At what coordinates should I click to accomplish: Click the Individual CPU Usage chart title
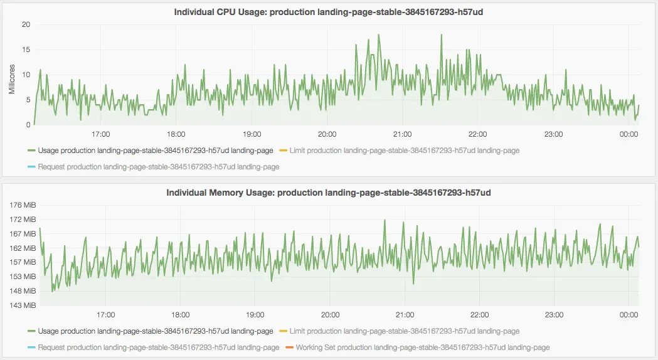tap(328, 11)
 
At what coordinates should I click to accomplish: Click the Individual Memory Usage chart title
tap(328, 192)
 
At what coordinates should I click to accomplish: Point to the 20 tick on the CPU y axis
tap(26, 25)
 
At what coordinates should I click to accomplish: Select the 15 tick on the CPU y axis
tap(26, 50)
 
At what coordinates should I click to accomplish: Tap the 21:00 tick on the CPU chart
tap(402, 134)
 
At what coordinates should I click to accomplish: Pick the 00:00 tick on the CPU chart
tap(629, 134)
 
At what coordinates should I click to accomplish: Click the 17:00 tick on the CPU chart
tap(101, 134)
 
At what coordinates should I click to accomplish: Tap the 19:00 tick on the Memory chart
tap(255, 315)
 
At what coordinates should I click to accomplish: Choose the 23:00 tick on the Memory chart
tap(554, 315)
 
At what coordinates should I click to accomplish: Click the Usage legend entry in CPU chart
tap(155, 151)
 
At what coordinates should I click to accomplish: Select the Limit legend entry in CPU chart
tap(404, 151)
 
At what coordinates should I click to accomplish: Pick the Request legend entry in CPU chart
tap(158, 167)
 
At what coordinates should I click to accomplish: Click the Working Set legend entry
tap(422, 347)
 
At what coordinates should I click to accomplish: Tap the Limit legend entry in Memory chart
tap(404, 331)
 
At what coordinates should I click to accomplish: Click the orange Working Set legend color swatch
tap(289, 347)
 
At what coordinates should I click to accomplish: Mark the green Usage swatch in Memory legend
tap(31, 331)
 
